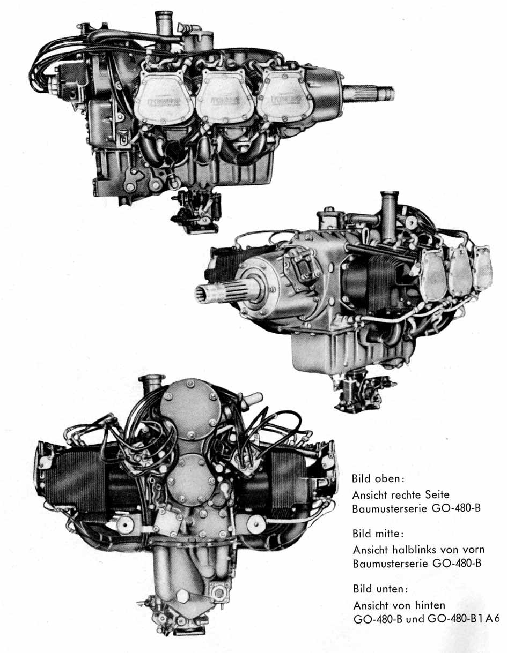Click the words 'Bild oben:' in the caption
377,478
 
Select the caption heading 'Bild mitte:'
378,534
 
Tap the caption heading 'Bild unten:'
380,589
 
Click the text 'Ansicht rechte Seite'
401,494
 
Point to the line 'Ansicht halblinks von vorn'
418,550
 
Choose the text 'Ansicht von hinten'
399,605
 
